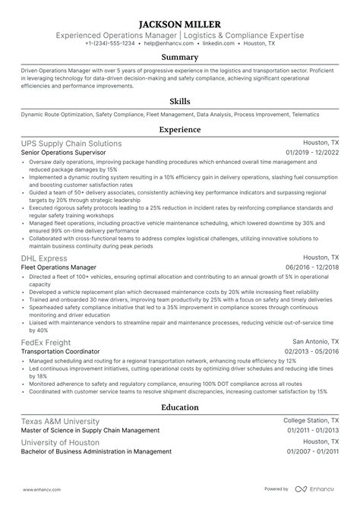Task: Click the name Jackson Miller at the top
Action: tap(180, 23)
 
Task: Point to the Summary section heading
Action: tap(180, 57)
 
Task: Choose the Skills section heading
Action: tap(180, 101)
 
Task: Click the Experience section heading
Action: tap(180, 130)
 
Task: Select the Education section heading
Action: tap(180, 406)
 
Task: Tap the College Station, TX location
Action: tap(311, 420)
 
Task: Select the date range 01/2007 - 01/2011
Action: tap(312, 452)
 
